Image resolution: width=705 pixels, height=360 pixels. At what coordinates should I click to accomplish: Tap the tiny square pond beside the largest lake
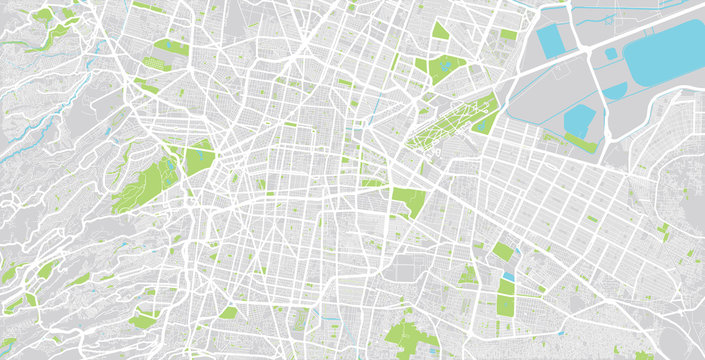611,53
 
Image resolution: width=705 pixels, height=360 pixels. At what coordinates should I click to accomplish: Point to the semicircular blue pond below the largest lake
613,91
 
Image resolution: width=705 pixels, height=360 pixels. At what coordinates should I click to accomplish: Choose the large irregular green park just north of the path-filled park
444,68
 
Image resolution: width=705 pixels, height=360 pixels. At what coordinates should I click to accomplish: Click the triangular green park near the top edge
440,31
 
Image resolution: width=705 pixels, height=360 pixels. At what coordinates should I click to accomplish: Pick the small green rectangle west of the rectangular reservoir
509,35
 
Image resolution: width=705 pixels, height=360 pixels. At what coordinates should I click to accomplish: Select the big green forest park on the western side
145,185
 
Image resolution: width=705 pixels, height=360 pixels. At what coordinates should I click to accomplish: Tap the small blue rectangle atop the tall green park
508,276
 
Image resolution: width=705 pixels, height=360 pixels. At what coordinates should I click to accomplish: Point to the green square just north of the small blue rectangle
502,251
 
